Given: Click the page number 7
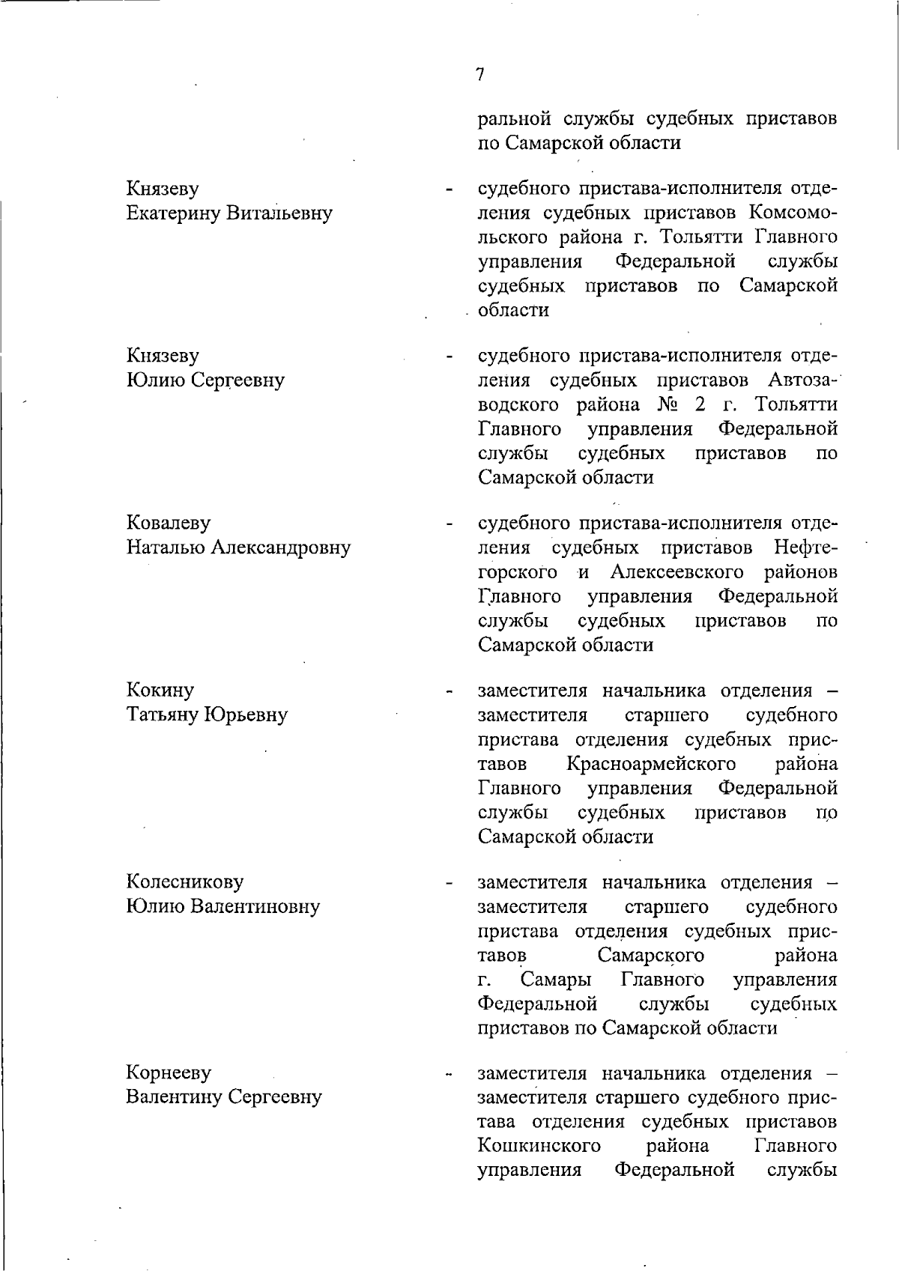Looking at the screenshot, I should pos(479,73).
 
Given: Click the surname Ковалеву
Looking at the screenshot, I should pos(169,523).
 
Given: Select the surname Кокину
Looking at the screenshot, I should pos(160,690).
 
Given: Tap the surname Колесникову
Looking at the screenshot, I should pos(185,882).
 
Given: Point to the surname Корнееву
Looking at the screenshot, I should pos(169,1073).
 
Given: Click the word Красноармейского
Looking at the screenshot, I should pos(651,764).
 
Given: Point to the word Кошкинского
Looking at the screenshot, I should pos(539,1146).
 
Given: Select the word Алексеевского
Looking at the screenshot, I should pos(676,572).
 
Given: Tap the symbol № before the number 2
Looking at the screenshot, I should pos(668,405).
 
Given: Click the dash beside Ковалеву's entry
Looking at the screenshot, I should pos(449,524).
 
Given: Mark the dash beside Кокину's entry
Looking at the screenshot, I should pos(449,691).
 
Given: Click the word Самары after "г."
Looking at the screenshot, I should pos(556,980).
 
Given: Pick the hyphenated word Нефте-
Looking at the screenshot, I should pos(805,547).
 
